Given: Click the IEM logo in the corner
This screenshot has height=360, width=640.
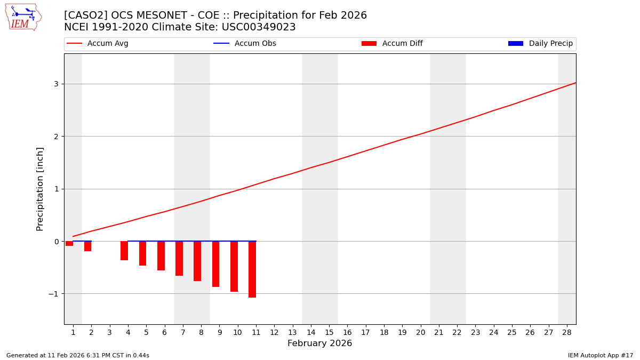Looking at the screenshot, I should click(23, 17).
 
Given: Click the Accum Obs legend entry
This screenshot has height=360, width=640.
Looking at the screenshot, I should click(245, 44).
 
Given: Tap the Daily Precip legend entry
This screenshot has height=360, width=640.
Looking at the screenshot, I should click(541, 44).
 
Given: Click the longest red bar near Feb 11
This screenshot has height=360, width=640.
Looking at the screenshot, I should click(252, 269).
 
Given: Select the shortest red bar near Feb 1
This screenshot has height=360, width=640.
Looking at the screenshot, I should click(69, 244).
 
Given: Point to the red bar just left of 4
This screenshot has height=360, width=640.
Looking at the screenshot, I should click(124, 251).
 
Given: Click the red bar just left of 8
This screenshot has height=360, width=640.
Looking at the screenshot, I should click(197, 261).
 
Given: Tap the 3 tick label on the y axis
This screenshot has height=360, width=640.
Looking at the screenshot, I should click(55, 84).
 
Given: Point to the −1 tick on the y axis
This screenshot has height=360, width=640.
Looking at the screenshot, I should click(53, 294).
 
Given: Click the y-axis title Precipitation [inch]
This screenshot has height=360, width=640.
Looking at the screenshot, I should click(40, 189).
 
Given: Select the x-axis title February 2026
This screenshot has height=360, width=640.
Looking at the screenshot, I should click(319, 343).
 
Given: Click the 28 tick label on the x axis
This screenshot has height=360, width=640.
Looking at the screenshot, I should click(566, 332).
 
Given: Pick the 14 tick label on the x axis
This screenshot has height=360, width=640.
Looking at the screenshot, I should click(310, 332).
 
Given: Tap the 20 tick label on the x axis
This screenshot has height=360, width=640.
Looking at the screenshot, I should click(420, 332).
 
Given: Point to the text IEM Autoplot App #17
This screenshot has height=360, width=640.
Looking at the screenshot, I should click(600, 355).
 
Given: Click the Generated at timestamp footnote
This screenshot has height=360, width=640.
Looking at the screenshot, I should click(78, 355).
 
